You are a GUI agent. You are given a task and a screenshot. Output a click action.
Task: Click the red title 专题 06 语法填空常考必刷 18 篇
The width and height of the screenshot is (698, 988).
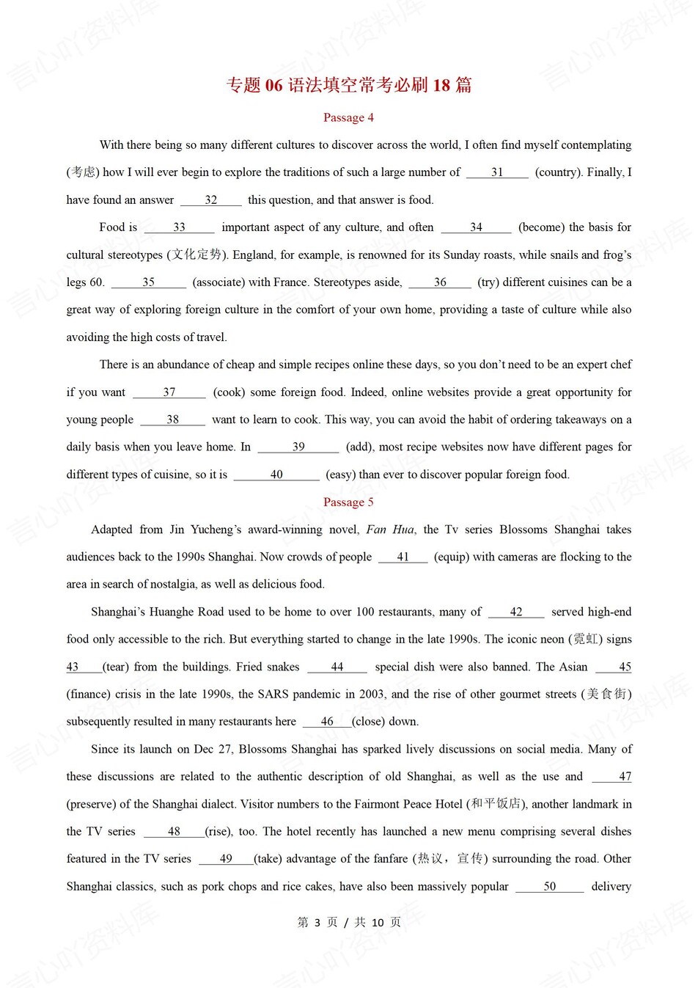[348, 85]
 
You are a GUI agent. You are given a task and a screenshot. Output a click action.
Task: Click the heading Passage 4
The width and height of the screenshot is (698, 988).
[348, 117]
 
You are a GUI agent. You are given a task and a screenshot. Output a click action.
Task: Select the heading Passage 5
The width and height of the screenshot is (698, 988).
[348, 502]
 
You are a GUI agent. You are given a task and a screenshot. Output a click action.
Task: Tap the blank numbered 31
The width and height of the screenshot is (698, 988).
[497, 172]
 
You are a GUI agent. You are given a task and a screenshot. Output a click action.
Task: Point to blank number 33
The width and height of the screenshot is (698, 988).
[179, 227]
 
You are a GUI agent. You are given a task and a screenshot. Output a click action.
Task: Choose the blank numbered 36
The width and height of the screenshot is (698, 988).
[440, 282]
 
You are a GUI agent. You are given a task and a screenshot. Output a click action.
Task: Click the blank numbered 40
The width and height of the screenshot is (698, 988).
[276, 475]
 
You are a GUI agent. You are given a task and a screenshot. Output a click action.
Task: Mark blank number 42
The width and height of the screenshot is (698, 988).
[516, 612]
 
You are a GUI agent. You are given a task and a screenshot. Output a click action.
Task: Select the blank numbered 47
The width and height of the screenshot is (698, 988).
[613, 777]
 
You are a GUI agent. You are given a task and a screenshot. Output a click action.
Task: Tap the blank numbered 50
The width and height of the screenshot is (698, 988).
[550, 887]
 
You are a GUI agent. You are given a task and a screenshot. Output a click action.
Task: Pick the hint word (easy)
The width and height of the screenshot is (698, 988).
[342, 475]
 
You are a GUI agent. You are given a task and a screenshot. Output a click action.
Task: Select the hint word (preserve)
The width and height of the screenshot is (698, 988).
[93, 805]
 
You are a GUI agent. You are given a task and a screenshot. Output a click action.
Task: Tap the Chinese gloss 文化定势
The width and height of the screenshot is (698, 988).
[196, 255]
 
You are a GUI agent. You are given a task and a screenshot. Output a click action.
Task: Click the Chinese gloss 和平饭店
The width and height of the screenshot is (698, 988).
[496, 804]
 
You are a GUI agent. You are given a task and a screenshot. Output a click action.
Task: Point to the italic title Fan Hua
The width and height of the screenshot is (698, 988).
[390, 530]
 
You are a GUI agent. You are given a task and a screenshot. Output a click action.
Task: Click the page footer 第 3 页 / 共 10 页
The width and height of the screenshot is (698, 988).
[349, 923]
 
